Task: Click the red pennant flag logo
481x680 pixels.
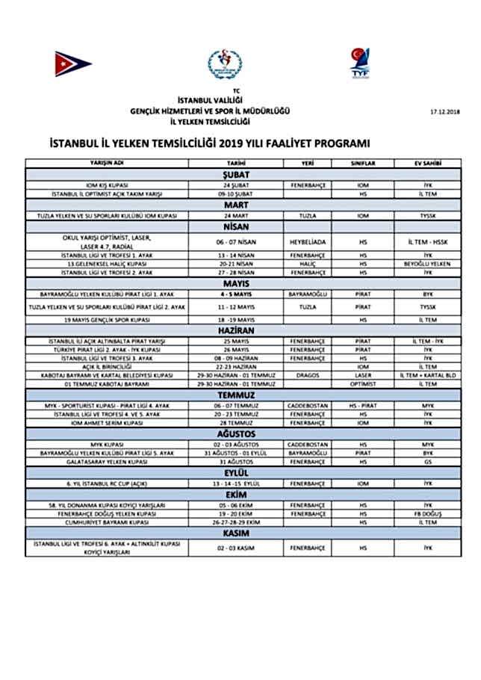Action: pyautogui.click(x=73, y=64)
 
